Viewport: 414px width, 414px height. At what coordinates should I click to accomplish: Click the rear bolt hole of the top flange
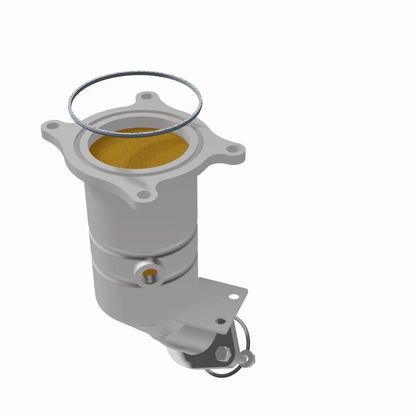[x=148, y=97]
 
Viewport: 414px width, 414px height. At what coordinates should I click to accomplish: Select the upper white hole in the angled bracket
[x=233, y=297]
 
